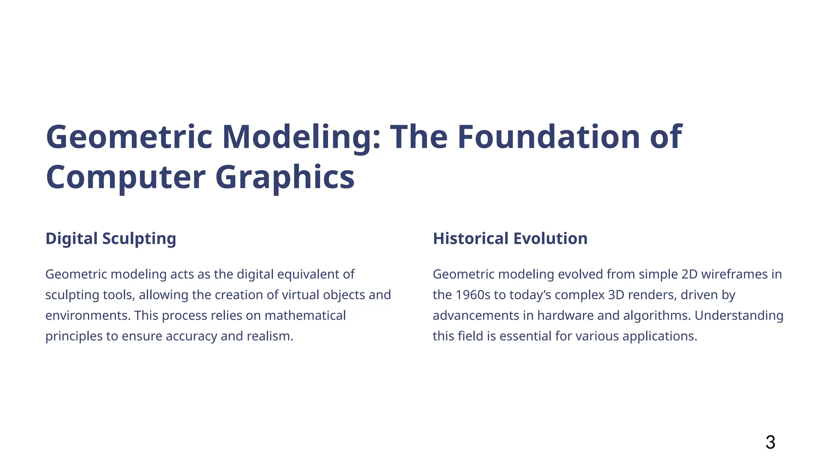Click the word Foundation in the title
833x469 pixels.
(549, 137)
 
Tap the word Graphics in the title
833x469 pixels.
(285, 177)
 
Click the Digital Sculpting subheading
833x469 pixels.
(111, 239)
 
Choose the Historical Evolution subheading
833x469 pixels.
(510, 239)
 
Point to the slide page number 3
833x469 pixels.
(770, 443)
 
